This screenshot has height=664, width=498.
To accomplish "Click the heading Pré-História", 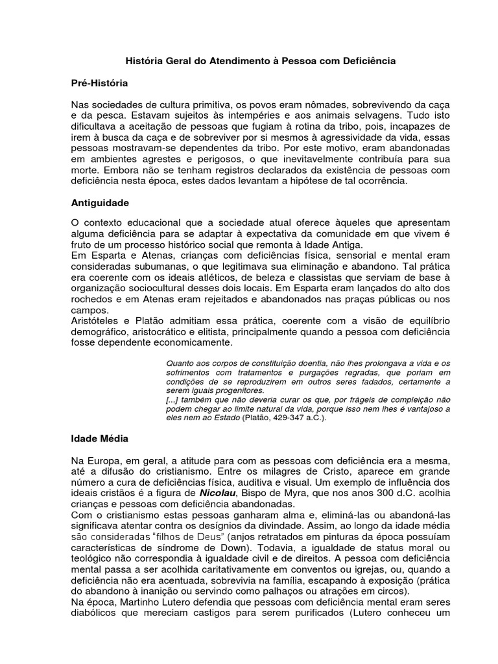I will (x=99, y=83).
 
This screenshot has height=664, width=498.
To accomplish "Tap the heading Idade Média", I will (x=100, y=438).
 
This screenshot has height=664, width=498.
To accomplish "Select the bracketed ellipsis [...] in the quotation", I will (x=173, y=400).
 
